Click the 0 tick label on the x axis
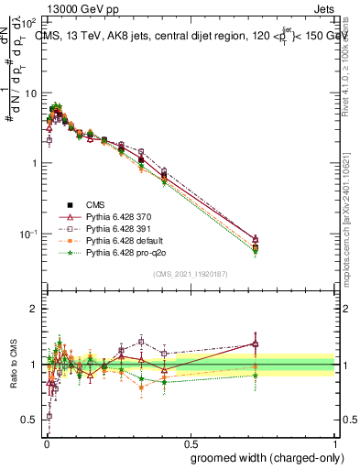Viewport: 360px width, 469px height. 45,442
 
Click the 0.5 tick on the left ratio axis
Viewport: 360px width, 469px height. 30,420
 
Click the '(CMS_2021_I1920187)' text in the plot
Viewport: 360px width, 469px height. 190,273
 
